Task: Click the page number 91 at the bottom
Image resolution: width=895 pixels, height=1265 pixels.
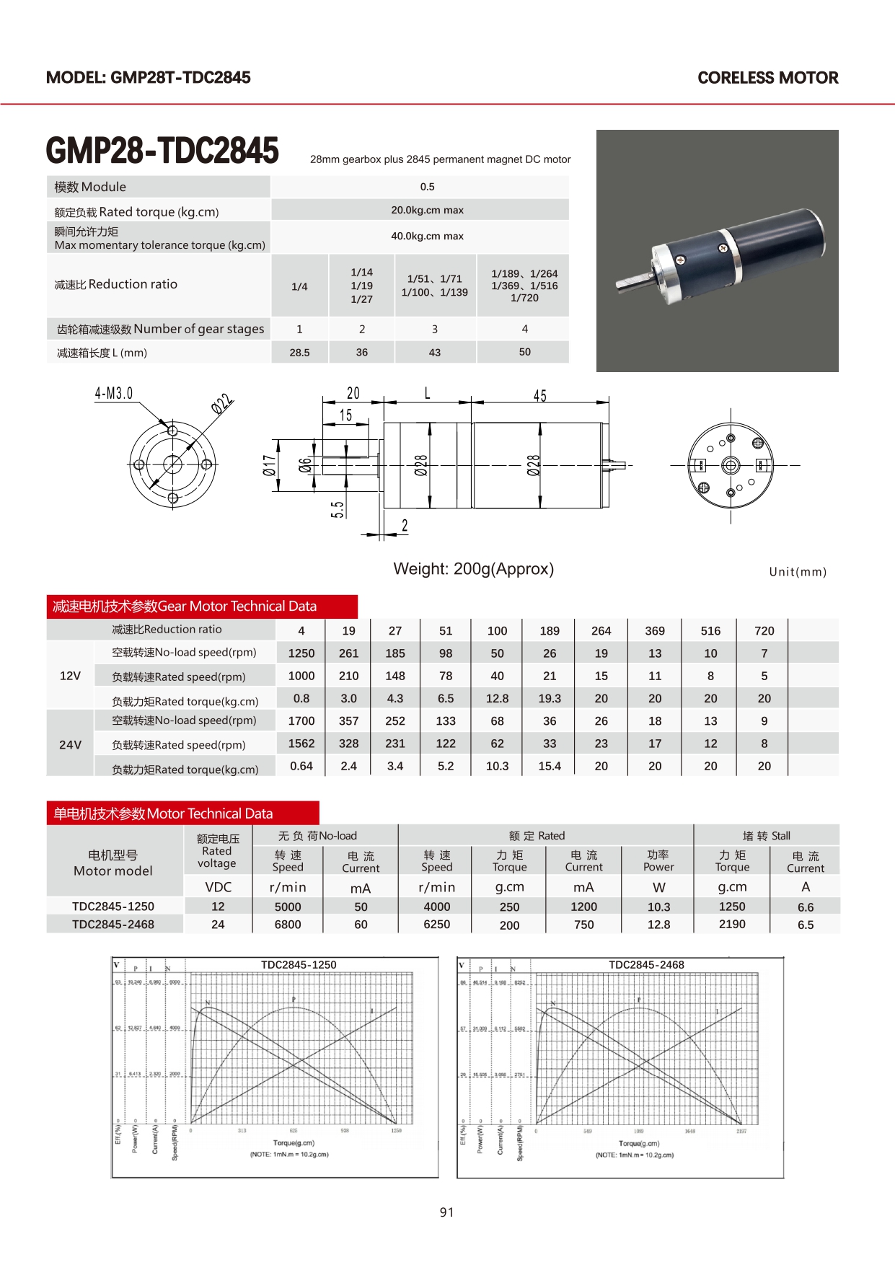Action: [x=446, y=1212]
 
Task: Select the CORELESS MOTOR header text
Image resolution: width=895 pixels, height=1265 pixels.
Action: [x=767, y=78]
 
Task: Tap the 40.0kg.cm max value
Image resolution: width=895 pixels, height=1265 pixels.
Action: [x=427, y=236]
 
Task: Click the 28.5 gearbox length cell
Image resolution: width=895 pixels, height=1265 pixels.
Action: [x=299, y=353]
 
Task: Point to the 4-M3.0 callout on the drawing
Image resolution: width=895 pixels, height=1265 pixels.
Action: [x=114, y=394]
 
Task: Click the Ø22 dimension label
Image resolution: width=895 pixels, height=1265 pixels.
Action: [x=222, y=404]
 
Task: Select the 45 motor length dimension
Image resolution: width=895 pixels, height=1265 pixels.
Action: [x=539, y=396]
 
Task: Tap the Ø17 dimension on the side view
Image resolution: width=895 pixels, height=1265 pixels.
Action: [x=269, y=465]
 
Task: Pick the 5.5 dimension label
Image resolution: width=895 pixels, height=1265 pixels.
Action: [x=338, y=509]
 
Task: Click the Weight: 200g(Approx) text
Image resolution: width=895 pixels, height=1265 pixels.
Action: [x=473, y=569]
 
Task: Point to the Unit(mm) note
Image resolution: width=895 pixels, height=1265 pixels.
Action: [x=797, y=572]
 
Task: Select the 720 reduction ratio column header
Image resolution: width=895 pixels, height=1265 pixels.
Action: [x=764, y=631]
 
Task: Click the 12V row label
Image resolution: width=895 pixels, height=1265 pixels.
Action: [x=70, y=676]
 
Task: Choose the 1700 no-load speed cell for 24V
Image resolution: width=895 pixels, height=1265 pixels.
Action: [x=301, y=721]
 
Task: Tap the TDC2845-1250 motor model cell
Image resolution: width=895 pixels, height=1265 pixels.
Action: [x=113, y=907]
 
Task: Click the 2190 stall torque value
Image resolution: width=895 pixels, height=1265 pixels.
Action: [x=732, y=924]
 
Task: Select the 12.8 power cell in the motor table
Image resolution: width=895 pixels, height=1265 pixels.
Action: [x=658, y=925]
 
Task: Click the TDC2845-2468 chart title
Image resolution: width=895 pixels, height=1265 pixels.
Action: [x=646, y=965]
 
